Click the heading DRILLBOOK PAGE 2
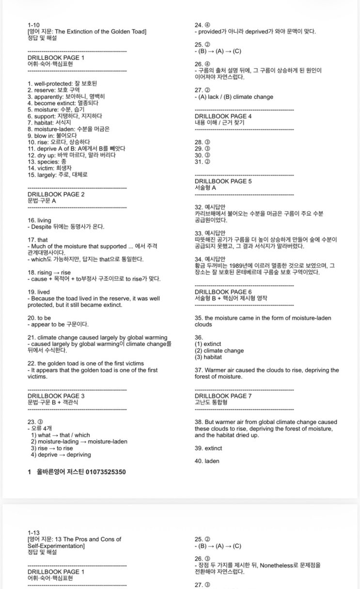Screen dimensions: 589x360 click(x=56, y=194)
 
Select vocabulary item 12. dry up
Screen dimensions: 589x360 click(x=72, y=155)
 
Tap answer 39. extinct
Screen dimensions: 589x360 click(x=208, y=448)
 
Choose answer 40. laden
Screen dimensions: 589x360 click(x=207, y=461)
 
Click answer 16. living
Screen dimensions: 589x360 click(x=39, y=220)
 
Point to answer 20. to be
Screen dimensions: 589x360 click(x=39, y=318)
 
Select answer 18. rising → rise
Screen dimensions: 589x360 click(x=49, y=273)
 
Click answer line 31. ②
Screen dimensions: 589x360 click(x=203, y=161)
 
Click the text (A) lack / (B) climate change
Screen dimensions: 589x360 click(x=235, y=97)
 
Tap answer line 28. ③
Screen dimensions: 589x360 click(x=203, y=142)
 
